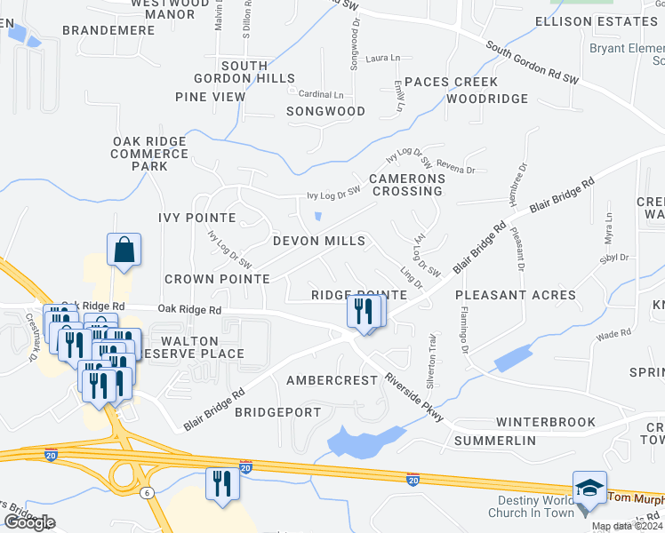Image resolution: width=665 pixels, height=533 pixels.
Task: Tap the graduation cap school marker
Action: [x=589, y=487]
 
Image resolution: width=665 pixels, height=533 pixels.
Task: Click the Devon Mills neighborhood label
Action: [x=318, y=241]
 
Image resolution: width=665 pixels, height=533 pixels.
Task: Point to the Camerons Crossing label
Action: [x=406, y=185]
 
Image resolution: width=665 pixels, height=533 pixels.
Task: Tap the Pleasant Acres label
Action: [x=516, y=294]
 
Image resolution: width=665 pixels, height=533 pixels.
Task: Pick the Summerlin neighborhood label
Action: [x=495, y=441]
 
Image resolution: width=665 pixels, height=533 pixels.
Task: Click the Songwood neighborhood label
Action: [x=325, y=111]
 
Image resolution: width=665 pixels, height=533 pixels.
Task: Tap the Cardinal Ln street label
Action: [x=321, y=94]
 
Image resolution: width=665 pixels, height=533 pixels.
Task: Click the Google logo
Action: [x=29, y=522]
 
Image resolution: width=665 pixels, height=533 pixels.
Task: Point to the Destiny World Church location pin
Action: [x=583, y=510]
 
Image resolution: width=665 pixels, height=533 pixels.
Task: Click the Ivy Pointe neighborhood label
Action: [x=196, y=218]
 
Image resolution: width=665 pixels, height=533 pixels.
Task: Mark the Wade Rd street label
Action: [x=613, y=334]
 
